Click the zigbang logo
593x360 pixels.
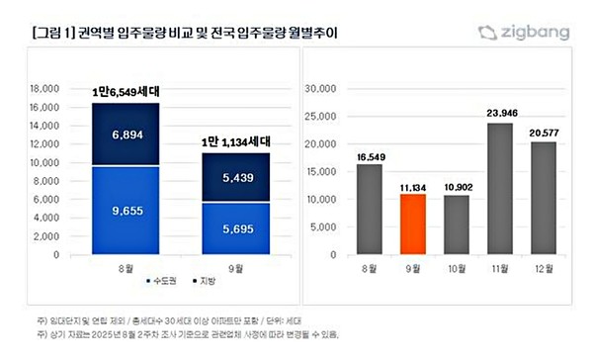[x=524, y=33]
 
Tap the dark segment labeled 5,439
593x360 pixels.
[x=231, y=178]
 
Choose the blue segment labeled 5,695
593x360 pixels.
[x=231, y=229]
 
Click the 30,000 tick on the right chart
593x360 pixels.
[x=322, y=87]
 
